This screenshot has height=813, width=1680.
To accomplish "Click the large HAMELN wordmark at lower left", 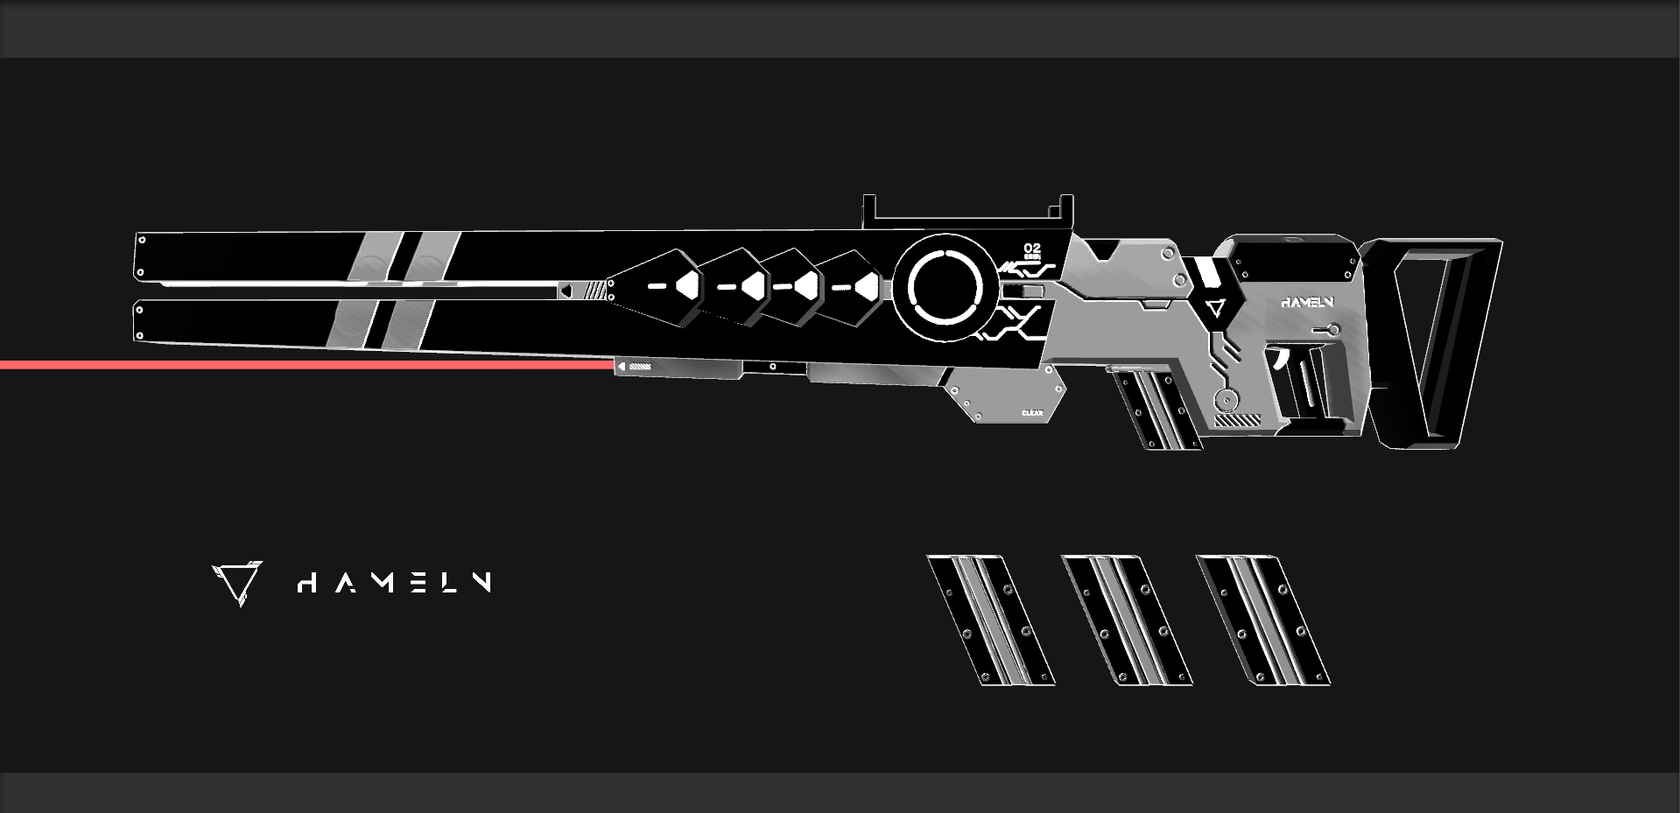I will [394, 583].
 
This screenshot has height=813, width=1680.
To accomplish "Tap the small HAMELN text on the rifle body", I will [1307, 303].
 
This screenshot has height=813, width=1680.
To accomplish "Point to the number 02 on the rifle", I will [1032, 249].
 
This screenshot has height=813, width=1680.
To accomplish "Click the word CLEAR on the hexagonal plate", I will [1032, 413].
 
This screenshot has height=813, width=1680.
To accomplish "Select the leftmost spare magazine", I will [991, 620].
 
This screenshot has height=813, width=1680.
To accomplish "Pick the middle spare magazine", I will [1127, 620].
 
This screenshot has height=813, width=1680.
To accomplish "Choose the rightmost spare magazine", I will [1262, 620].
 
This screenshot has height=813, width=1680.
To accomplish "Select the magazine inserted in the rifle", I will [1153, 407].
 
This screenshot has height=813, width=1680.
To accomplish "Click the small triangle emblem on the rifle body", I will [1214, 308].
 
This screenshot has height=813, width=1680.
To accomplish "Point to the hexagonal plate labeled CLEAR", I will [1007, 394].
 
